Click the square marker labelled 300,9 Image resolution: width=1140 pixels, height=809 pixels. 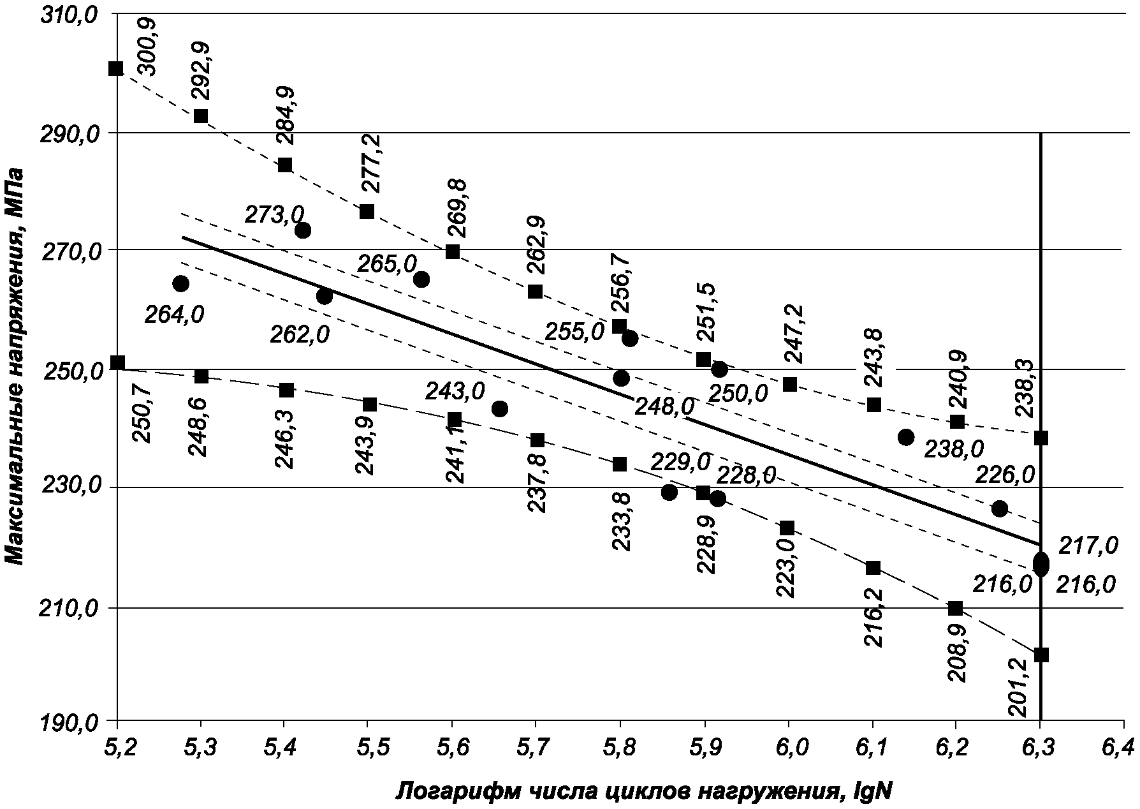point(116,68)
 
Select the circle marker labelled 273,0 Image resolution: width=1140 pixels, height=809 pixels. point(303,230)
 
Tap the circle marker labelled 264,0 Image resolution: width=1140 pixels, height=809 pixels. point(180,283)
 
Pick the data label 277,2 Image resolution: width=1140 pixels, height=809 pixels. point(369,163)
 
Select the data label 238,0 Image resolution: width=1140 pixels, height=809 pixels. point(954,449)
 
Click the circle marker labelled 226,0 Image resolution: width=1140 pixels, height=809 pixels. point(1000,508)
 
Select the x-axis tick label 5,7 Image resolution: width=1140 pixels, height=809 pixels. point(535,747)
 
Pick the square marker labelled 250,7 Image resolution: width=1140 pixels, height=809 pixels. point(117,362)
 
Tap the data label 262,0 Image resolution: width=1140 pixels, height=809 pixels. point(300,334)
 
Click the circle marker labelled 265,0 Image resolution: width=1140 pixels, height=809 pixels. point(421,279)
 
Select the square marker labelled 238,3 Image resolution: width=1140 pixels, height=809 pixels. point(1041,438)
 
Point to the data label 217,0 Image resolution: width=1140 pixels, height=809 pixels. point(1088,546)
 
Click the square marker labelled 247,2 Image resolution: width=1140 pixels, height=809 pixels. point(789,384)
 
